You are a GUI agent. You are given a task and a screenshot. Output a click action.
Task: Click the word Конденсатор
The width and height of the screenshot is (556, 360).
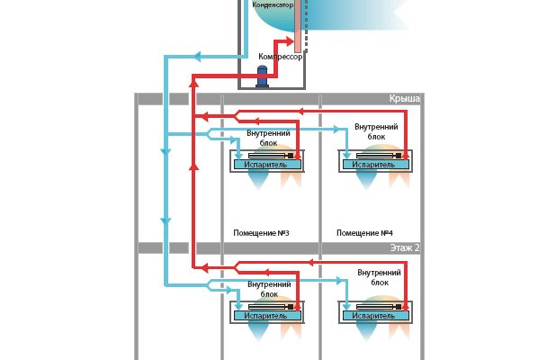(273, 4)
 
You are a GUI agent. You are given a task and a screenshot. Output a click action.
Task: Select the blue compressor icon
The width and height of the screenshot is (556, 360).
(263, 76)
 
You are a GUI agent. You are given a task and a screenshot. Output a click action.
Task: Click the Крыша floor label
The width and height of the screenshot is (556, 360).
(404, 99)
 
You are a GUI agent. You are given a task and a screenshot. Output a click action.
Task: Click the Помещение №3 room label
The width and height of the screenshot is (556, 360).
(261, 233)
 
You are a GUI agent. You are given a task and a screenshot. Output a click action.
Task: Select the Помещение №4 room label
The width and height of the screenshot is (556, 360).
(364, 233)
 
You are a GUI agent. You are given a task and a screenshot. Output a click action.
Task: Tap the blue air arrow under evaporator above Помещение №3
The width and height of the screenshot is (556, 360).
(259, 182)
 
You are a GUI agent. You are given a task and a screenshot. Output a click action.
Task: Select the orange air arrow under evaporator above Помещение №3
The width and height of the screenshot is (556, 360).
(291, 180)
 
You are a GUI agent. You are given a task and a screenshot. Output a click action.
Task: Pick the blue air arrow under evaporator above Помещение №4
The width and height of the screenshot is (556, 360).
(365, 182)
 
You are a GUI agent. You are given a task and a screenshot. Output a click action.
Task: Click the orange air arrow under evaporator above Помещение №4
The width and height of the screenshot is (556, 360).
(396, 180)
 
